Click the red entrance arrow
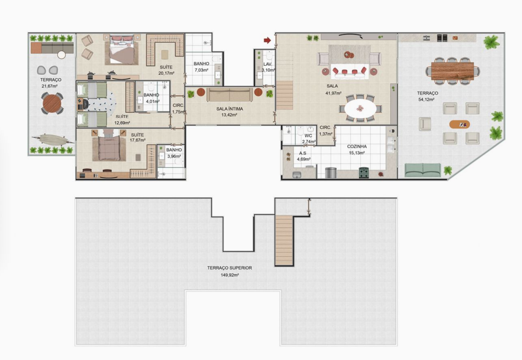[268, 40]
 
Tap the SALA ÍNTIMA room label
[230, 109]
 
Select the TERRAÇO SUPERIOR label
[230, 268]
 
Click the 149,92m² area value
[230, 275]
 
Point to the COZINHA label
[357, 147]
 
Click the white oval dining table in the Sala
[360, 109]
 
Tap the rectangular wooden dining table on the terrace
[453, 71]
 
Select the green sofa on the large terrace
[423, 170]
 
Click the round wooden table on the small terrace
[52, 104]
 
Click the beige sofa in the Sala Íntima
[230, 94]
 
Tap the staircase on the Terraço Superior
[284, 240]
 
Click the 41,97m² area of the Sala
[333, 93]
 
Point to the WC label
[308, 136]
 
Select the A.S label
[303, 153]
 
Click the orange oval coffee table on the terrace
[460, 124]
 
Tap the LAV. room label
[268, 64]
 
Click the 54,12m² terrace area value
[428, 99]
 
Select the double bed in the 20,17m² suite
[122, 50]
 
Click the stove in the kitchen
[364, 173]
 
